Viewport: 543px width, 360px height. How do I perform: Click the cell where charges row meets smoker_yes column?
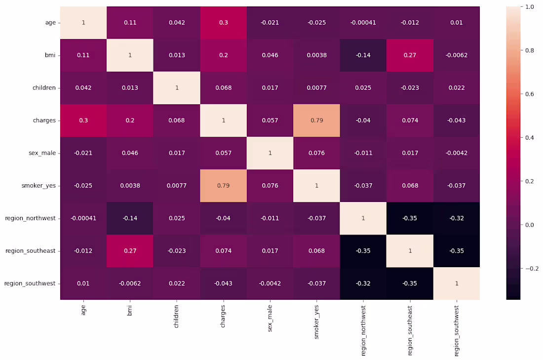click(316, 120)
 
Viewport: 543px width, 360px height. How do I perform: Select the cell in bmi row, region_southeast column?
click(410, 55)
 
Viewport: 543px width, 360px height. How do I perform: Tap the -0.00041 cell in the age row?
click(363, 23)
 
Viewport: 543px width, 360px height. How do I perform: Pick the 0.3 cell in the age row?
click(224, 23)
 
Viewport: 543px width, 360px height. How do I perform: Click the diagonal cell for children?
click(177, 88)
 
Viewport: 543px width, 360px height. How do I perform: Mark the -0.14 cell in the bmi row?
click(363, 55)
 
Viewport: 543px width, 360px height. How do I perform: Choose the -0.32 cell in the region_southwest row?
click(363, 283)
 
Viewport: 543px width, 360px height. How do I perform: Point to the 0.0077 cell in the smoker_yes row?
click(177, 186)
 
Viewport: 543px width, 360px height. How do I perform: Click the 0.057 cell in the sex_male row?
click(224, 153)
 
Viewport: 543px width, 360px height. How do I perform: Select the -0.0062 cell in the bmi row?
click(456, 55)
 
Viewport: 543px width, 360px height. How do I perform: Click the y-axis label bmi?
click(51, 55)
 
